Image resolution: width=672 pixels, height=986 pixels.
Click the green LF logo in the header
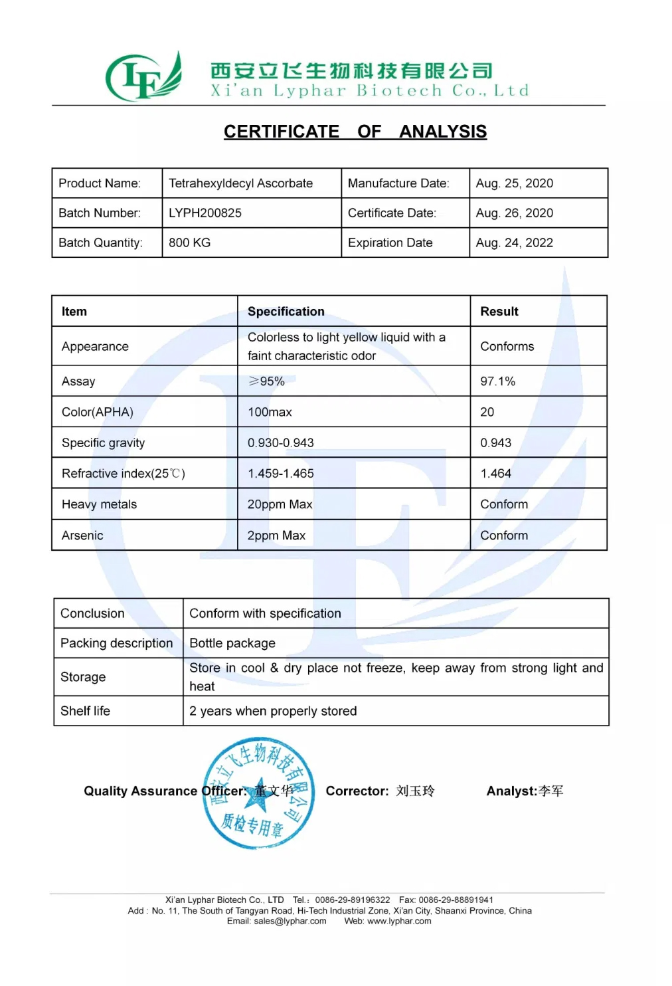[143, 78]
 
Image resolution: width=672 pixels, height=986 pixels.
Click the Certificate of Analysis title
[355, 132]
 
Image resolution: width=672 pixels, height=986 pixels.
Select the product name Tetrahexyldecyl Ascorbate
[240, 183]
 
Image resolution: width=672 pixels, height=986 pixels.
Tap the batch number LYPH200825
[205, 213]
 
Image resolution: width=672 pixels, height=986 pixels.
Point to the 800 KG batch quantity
[189, 243]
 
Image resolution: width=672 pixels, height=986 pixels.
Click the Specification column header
[286, 312]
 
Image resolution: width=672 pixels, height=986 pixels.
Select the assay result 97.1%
[497, 381]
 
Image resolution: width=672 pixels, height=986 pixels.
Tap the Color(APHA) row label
[97, 412]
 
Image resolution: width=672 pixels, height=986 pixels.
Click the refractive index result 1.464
[495, 474]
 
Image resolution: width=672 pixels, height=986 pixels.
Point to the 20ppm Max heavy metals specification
[280, 504]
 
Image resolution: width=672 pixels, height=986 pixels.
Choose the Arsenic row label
[82, 536]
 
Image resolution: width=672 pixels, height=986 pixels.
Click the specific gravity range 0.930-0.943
[280, 443]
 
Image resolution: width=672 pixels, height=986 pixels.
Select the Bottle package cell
[232, 643]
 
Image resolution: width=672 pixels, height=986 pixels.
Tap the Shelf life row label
[85, 711]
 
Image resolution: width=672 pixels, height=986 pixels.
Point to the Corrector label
[357, 791]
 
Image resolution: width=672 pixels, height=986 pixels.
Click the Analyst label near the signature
[511, 791]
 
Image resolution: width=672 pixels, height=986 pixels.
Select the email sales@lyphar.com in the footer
[290, 921]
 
